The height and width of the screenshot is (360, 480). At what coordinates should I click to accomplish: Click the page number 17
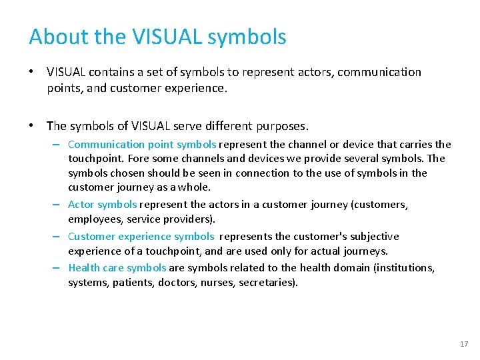coord(464,344)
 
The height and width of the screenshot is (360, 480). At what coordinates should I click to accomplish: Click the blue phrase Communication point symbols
coord(142,145)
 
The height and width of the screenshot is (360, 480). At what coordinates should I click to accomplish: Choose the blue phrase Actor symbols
coord(103,205)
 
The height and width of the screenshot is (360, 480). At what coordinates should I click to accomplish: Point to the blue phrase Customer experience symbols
coord(141,237)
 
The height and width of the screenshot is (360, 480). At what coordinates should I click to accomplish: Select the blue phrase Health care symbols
coord(117,268)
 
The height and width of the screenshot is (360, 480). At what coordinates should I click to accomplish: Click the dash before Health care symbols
coord(59,268)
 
